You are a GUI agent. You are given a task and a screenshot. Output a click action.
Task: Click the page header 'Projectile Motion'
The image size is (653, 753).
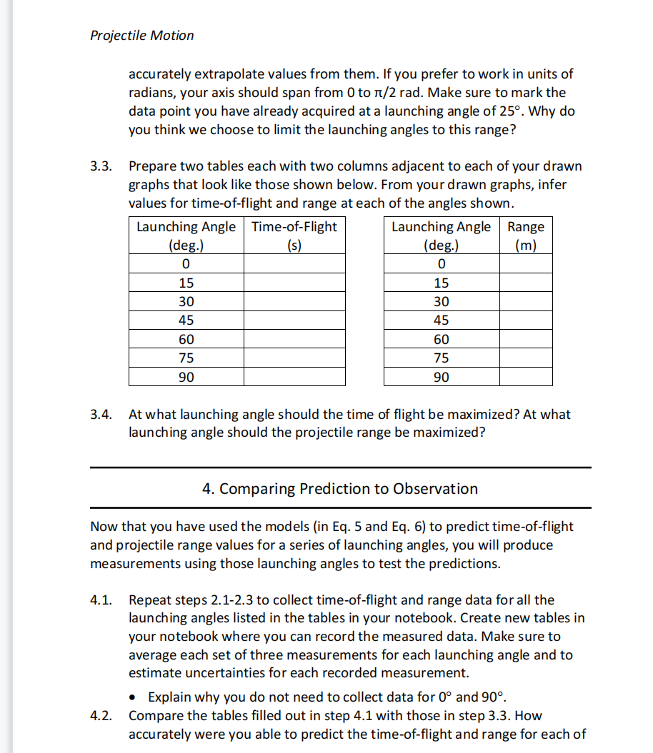click(141, 35)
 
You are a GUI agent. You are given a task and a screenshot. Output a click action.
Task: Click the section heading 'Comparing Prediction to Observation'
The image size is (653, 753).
click(340, 489)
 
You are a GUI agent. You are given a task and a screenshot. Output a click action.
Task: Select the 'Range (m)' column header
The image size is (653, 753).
click(526, 236)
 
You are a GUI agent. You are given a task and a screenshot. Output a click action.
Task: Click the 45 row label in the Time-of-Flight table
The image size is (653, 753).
click(186, 320)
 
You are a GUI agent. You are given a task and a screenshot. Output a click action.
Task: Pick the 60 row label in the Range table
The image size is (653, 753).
click(441, 340)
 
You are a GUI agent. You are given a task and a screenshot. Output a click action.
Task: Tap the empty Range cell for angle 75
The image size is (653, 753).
click(526, 358)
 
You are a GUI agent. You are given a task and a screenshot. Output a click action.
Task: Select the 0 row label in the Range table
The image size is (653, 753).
click(441, 264)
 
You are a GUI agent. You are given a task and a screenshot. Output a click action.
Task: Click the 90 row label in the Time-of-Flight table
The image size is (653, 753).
click(186, 377)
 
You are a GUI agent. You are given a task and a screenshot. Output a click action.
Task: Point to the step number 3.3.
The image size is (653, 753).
click(101, 166)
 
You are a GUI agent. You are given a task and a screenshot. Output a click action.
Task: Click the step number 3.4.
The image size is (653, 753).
click(101, 414)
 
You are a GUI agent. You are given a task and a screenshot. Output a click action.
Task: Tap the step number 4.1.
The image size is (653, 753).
click(101, 600)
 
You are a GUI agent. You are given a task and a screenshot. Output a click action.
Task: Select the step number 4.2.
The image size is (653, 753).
click(101, 715)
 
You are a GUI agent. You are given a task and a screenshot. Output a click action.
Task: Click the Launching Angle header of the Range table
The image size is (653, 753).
click(441, 236)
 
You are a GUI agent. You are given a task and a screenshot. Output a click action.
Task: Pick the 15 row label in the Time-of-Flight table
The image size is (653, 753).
click(186, 283)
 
